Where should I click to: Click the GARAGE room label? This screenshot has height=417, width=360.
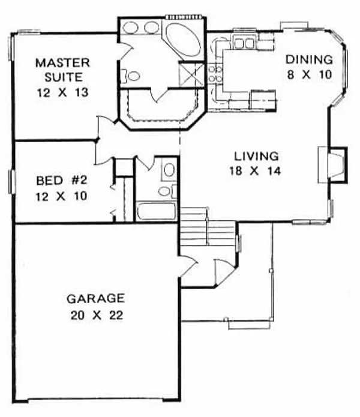[x=95, y=298]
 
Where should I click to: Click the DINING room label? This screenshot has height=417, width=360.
[x=308, y=59]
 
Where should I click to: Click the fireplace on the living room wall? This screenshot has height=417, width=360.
[x=332, y=163]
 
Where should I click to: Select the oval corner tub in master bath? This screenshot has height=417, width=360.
[x=183, y=39]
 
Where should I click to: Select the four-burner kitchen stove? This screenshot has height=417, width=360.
[x=214, y=75]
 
